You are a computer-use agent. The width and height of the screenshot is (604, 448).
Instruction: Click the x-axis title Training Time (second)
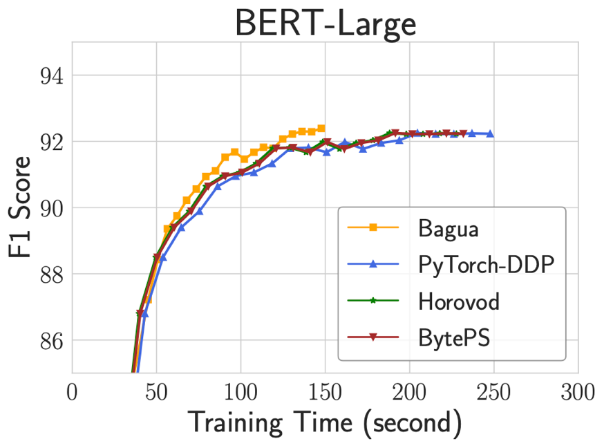click(x=324, y=422)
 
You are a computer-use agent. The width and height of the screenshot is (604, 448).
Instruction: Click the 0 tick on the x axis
click(x=72, y=392)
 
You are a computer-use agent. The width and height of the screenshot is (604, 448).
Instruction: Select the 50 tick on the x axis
click(x=156, y=392)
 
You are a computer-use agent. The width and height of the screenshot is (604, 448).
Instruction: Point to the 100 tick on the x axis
click(x=240, y=392)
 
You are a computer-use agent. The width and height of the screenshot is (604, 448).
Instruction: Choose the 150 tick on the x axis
click(x=325, y=392)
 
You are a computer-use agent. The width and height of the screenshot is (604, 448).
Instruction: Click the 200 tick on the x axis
click(x=409, y=392)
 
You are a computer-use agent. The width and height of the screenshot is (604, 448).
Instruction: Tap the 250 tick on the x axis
click(x=493, y=392)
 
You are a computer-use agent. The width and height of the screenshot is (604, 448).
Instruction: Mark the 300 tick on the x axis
click(x=578, y=392)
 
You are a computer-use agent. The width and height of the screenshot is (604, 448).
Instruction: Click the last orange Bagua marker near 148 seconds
click(x=321, y=128)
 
